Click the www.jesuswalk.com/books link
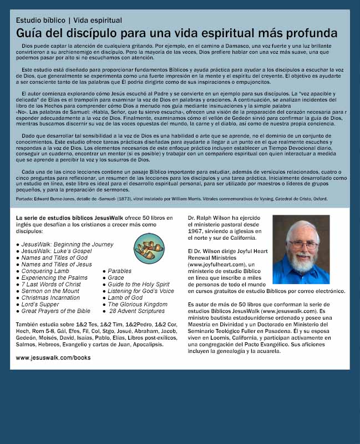tap(53, 358)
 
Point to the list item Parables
tap(120, 271)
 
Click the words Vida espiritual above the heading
tap(98, 20)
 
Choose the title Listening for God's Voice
tap(141, 291)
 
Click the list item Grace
tap(116, 277)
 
